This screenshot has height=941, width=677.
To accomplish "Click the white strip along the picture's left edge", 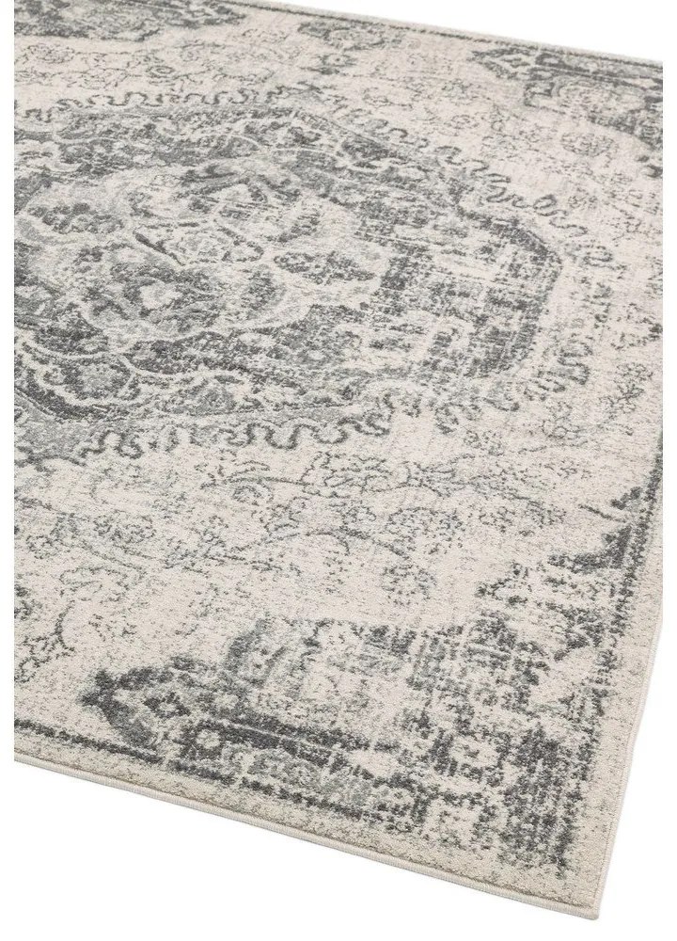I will (7, 470).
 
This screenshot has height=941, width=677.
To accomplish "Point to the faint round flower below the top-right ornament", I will (602, 151).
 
